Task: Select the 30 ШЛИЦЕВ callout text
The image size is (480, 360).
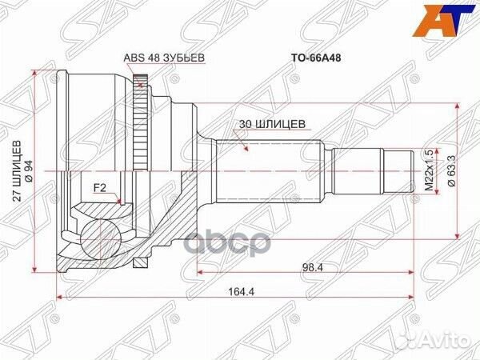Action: pyautogui.click(x=270, y=124)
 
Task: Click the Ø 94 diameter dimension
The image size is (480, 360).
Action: pyautogui.click(x=30, y=170)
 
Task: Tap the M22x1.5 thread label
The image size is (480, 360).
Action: pyautogui.click(x=429, y=170)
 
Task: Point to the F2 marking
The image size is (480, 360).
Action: pyautogui.click(x=100, y=189)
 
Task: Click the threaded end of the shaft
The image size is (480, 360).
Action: pyautogui.click(x=405, y=170)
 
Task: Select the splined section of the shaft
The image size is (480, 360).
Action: pyautogui.click(x=272, y=170)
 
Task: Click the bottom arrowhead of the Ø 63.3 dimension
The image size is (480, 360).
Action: pyautogui.click(x=456, y=234)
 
